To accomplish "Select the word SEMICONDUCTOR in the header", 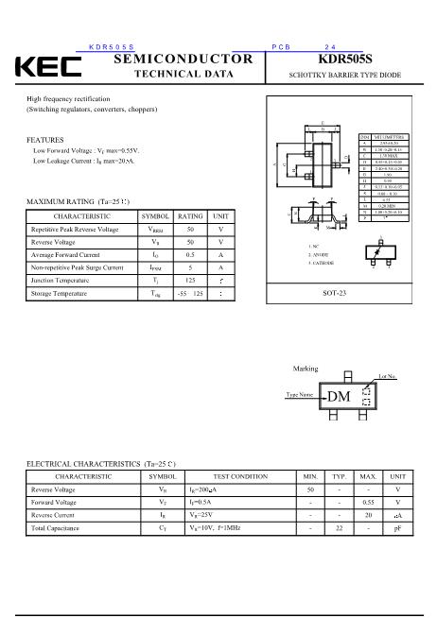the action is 184,59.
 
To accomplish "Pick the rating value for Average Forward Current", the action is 190,255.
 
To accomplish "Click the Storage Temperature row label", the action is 60,295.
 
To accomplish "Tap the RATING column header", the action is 190,215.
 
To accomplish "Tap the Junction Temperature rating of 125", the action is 190,281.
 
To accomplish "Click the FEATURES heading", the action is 45,140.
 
